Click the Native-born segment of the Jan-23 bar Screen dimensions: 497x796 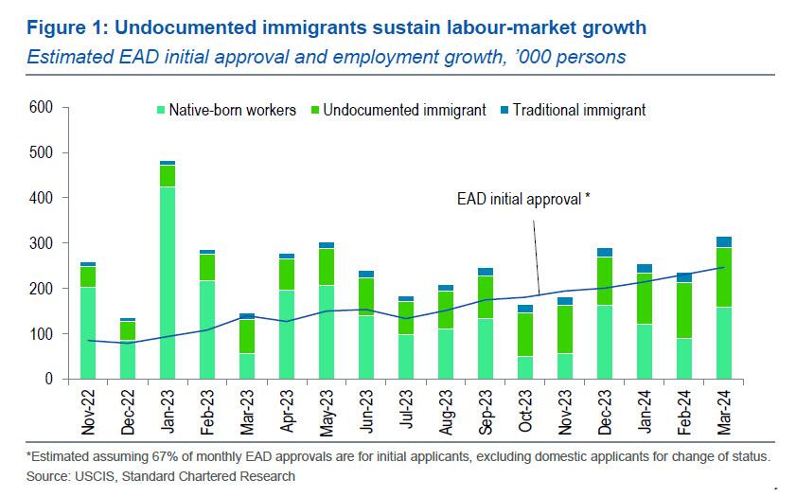tap(168, 283)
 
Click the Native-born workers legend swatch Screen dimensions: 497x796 tap(161, 110)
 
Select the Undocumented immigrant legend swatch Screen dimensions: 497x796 tap(314, 110)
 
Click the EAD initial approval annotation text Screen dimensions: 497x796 tap(523, 201)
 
